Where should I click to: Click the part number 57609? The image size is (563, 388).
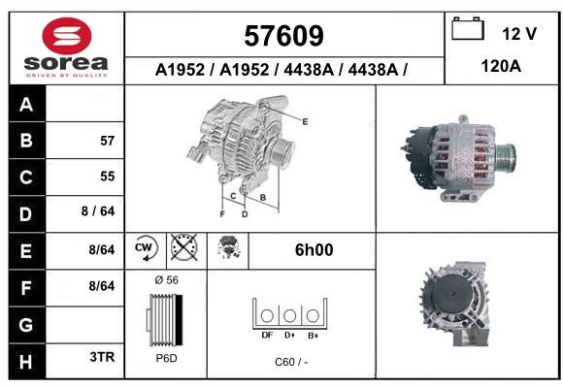point(283,36)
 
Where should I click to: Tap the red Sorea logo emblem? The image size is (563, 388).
point(67,36)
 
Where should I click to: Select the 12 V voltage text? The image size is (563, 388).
point(519,34)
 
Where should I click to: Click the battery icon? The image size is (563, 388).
point(468,28)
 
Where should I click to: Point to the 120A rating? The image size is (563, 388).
point(501,66)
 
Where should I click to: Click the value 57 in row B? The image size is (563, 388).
point(108,141)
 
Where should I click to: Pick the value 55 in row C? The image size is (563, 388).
point(108,177)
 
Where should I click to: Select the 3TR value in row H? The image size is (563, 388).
point(102,357)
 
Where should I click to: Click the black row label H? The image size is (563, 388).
point(26,362)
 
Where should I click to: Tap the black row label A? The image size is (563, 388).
point(26,105)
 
